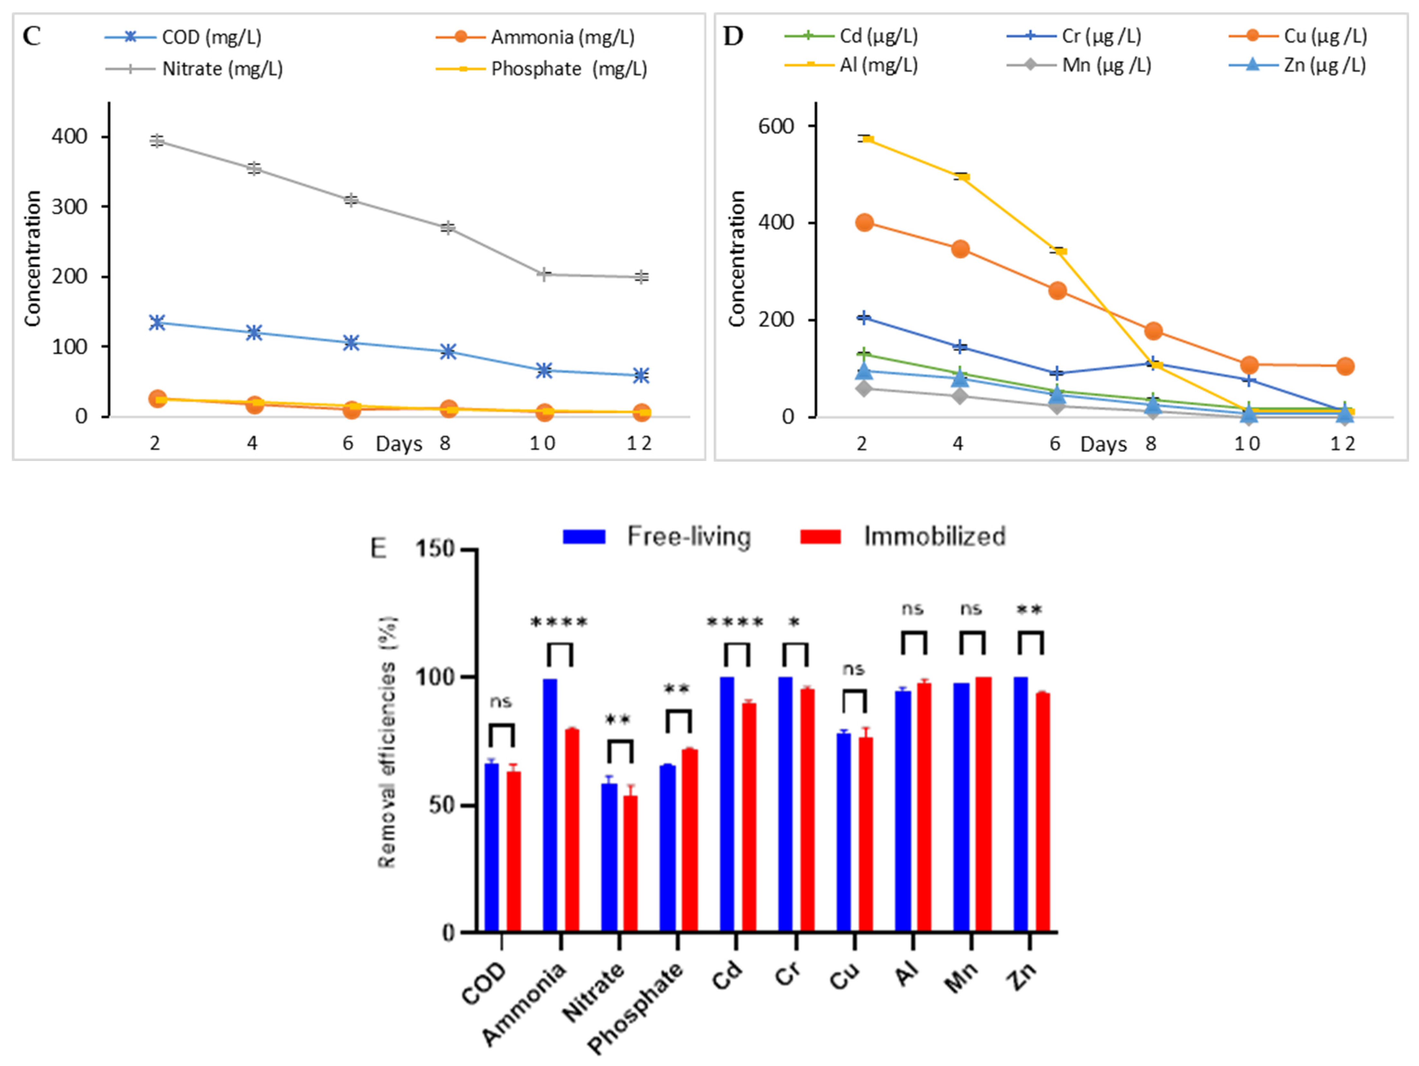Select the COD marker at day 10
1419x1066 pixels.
[544, 370]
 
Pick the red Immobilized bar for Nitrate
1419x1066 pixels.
[631, 863]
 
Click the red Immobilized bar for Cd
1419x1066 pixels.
[749, 817]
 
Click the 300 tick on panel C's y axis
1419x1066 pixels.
[69, 206]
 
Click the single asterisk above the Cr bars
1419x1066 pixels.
[794, 622]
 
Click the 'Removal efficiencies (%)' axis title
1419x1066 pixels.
[387, 742]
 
